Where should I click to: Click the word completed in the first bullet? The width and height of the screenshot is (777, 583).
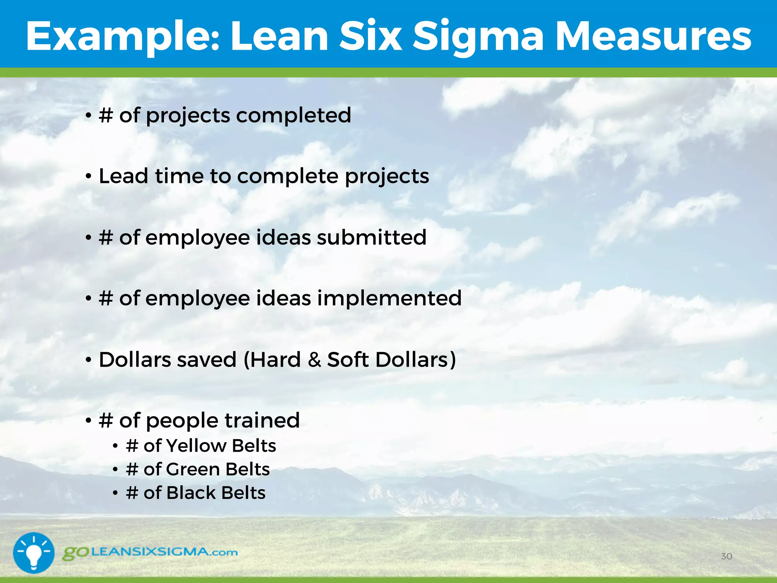coord(294,115)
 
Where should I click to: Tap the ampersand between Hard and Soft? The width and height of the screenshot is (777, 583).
coord(314,359)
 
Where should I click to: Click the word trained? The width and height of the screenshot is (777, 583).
coord(262,421)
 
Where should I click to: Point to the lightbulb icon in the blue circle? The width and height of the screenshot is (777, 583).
coord(34,553)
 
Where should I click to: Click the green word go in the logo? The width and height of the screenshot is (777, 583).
coord(75,553)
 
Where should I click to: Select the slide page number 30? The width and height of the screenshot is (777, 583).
coord(726,556)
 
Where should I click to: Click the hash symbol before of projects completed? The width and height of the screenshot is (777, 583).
coord(105,115)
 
